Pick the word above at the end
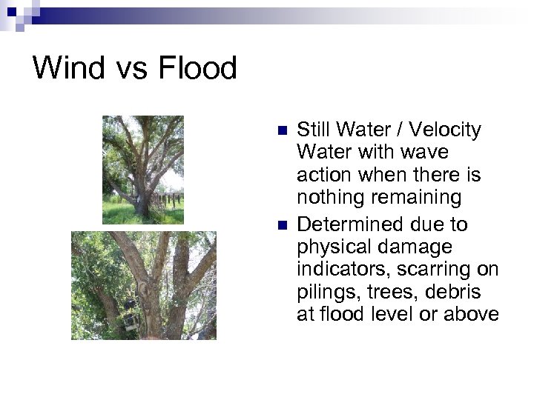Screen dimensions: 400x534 pos(472,315)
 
